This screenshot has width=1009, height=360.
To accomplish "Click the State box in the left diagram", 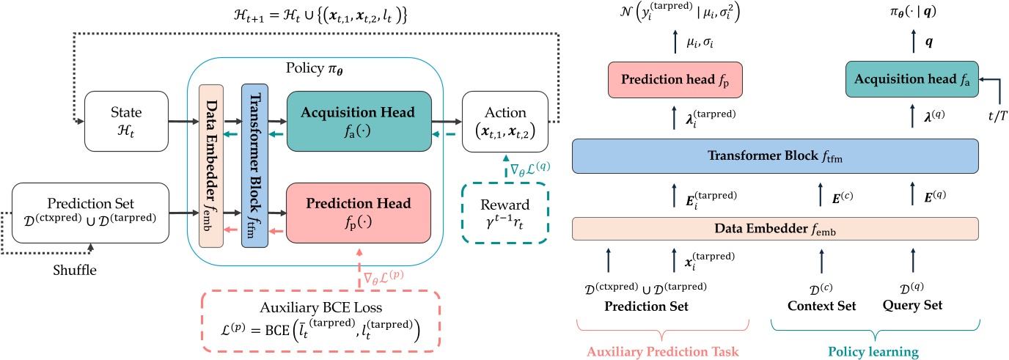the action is (x=126, y=121).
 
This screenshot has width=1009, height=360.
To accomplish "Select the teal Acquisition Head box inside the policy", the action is (x=359, y=121).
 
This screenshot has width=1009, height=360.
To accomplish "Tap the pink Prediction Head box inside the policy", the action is (x=359, y=213).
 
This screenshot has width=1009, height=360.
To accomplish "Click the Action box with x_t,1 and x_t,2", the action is (x=505, y=121).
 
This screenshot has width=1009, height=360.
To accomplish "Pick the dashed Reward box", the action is (x=505, y=213).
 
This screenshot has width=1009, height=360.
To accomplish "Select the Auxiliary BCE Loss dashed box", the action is (x=320, y=321).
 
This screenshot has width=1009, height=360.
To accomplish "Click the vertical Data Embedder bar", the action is (x=211, y=166).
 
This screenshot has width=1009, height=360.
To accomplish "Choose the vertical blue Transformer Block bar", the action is (x=255, y=166).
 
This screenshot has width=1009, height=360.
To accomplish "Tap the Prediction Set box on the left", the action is (x=90, y=213).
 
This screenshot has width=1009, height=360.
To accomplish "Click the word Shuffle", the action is (x=75, y=270).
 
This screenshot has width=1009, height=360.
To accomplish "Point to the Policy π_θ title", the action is (x=315, y=68).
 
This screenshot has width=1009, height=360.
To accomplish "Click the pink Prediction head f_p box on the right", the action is (x=675, y=80).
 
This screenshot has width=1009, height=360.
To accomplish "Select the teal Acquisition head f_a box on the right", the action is (x=912, y=79).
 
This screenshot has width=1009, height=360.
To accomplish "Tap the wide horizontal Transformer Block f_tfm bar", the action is (x=775, y=156).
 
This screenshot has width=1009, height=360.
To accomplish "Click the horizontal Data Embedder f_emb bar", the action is (x=775, y=229).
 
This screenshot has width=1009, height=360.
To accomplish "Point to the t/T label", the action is (x=997, y=116).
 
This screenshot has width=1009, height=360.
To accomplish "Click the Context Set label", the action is (x=821, y=306).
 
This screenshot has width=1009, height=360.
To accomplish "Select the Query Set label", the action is (x=912, y=306).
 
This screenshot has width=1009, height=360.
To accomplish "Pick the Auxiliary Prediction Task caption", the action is (x=663, y=351).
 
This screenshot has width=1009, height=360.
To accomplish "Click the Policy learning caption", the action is (x=873, y=352).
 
